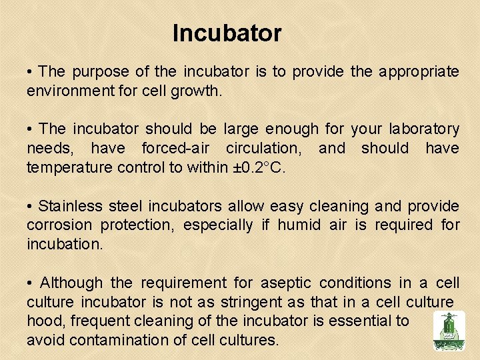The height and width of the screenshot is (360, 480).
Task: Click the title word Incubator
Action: (227, 33)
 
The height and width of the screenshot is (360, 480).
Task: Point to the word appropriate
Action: (419, 72)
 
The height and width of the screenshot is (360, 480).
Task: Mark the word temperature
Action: (69, 167)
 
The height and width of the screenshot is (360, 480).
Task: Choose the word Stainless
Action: (70, 207)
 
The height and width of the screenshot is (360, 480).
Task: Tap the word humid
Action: (299, 225)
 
